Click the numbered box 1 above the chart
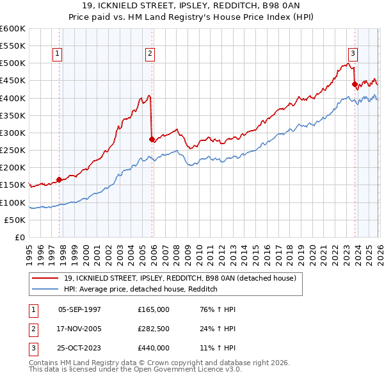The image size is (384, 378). pyautogui.click(x=58, y=54)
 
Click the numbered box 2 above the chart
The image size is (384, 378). pyautogui.click(x=150, y=54)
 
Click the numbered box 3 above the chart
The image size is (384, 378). pyautogui.click(x=353, y=54)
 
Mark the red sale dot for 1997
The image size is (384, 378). pyautogui.click(x=60, y=179)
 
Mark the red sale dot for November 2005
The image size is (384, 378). pyautogui.click(x=151, y=138)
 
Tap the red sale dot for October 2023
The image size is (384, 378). pyautogui.click(x=355, y=84)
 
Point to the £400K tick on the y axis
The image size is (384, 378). pyautogui.click(x=13, y=98)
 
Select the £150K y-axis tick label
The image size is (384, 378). pyautogui.click(x=13, y=185)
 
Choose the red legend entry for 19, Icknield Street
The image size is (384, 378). pyautogui.click(x=179, y=279)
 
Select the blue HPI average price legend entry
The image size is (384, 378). pyautogui.click(x=141, y=290)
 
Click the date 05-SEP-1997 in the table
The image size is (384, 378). pyautogui.click(x=79, y=309)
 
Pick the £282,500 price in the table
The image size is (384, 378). pyautogui.click(x=154, y=329)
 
